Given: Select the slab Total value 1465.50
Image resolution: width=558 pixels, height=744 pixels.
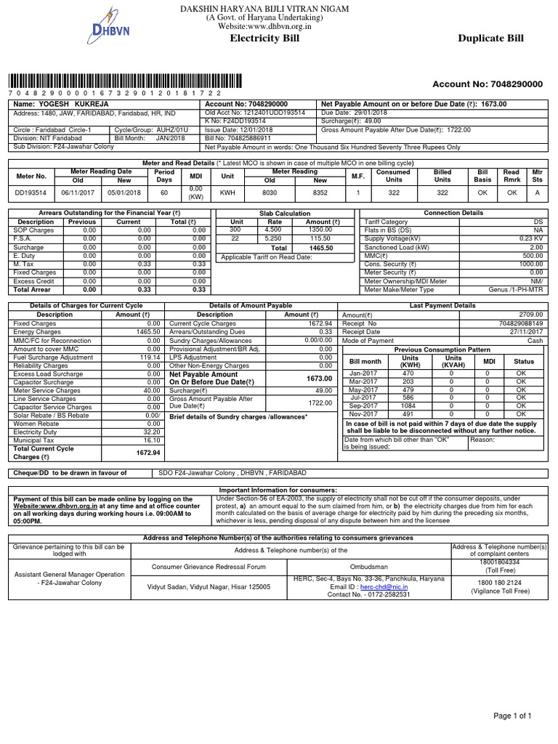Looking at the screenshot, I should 320,248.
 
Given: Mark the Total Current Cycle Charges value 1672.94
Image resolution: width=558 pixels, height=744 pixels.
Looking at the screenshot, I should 148,453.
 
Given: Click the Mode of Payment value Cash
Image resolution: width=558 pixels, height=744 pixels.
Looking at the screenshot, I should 535,340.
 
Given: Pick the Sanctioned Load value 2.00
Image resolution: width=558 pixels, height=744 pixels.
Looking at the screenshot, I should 536,248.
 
